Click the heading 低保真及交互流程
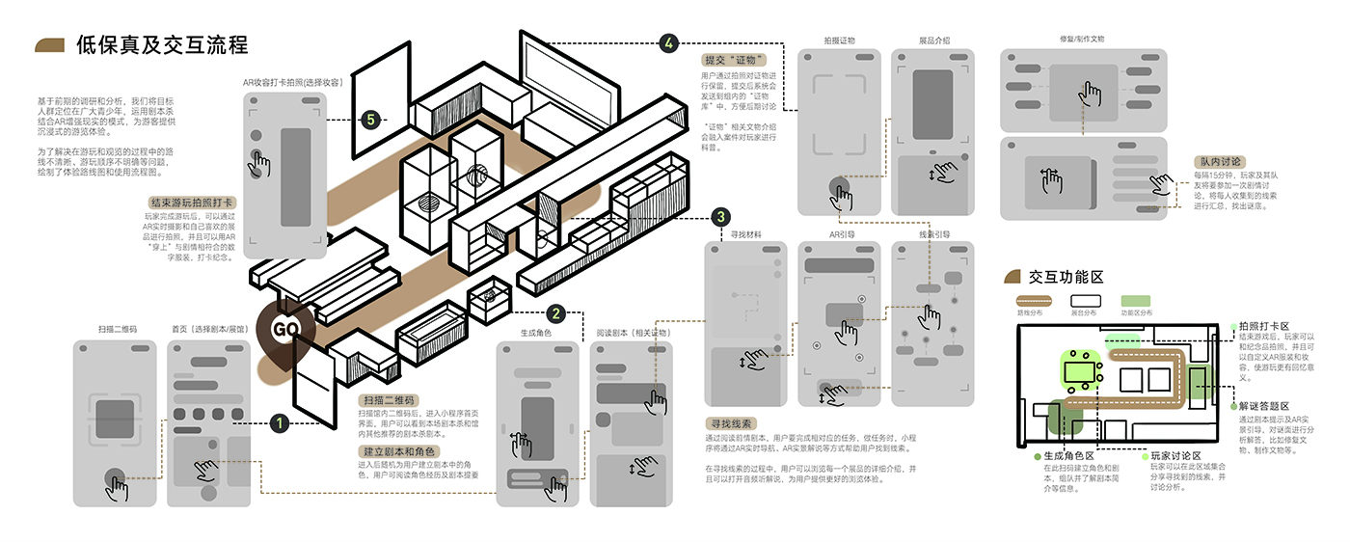click(161, 44)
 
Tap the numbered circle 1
click(279, 421)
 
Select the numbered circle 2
click(555, 313)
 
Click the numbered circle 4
click(669, 42)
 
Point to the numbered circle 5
click(370, 120)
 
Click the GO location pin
click(286, 328)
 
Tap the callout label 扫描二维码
click(391, 399)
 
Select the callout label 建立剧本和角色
click(399, 451)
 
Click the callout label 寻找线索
click(732, 423)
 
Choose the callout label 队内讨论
click(1220, 162)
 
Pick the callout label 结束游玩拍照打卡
click(191, 203)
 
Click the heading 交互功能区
click(1066, 277)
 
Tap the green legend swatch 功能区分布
click(1136, 300)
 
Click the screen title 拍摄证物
click(839, 41)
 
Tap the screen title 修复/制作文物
click(1081, 40)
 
